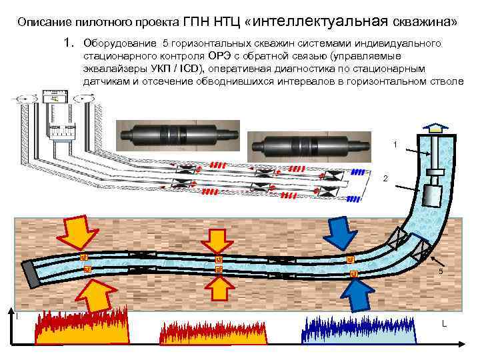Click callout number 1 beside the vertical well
[395, 145]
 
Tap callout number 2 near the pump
[384, 179]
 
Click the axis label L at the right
[443, 324]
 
